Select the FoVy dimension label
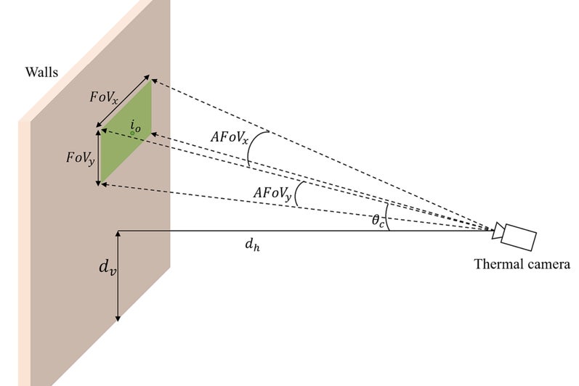(79, 157)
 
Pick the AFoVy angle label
(273, 193)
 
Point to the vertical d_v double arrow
(118, 276)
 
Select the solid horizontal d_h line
(305, 231)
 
